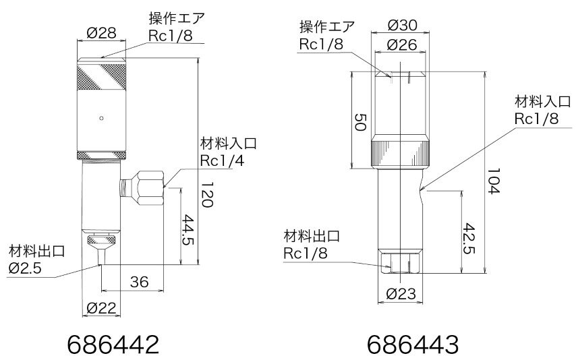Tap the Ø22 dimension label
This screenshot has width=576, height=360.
pyautogui.click(x=101, y=308)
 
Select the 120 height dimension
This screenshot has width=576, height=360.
pyautogui.click(x=208, y=195)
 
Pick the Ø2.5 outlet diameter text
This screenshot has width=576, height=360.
pyautogui.click(x=26, y=268)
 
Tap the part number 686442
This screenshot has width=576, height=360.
pyautogui.click(x=113, y=344)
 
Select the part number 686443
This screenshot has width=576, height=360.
pyautogui.click(x=413, y=344)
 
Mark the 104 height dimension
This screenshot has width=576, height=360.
pyautogui.click(x=495, y=182)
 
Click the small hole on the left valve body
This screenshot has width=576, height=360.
pyautogui.click(x=101, y=118)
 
